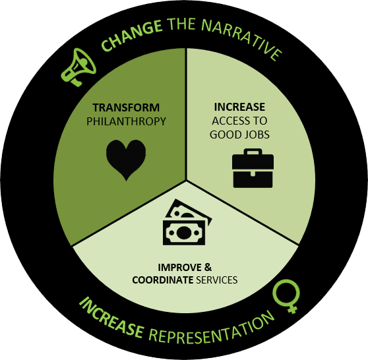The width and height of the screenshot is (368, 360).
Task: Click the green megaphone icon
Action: coord(78,67)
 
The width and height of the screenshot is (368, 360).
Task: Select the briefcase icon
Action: coord(253,168)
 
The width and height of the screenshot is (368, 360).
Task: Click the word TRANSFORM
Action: coord(126,107)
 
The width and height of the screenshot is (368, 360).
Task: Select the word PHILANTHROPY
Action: coord(126,121)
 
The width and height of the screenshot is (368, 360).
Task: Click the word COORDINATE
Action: coord(163,280)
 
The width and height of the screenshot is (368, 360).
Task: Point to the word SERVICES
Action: coord(216,280)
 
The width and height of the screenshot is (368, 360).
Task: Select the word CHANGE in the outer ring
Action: coord(131,35)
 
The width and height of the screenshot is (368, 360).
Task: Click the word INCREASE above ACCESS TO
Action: coord(239,107)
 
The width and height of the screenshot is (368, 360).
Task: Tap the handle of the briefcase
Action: coord(253,152)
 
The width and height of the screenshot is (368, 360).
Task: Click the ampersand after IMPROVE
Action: coord(208,267)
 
